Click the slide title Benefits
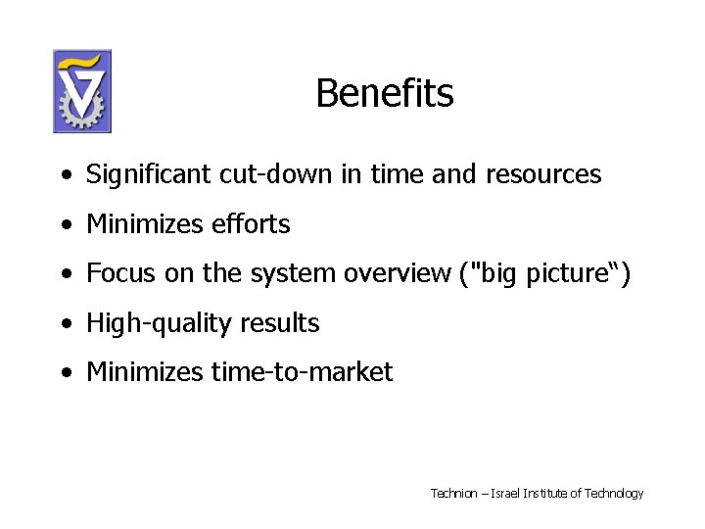point(384,94)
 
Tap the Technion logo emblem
point(82,91)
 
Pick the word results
point(283,323)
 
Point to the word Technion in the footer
point(453,494)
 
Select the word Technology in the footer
point(614,494)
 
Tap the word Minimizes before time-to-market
point(145,372)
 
